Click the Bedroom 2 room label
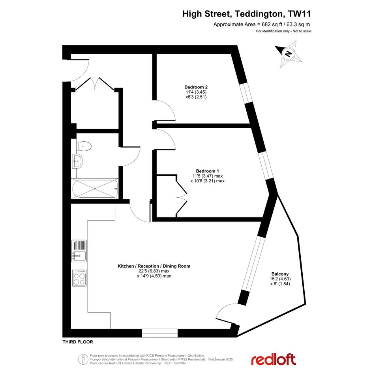[x=196, y=87]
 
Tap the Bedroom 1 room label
[x=208, y=171]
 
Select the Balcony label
[x=280, y=274]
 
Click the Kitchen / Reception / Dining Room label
[x=154, y=266]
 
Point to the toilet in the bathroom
[x=84, y=146]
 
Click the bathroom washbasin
[x=77, y=161]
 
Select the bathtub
[x=95, y=189]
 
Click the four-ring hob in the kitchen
[x=79, y=278]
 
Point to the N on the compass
[x=288, y=54]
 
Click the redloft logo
[x=273, y=360]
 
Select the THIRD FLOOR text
[x=78, y=342]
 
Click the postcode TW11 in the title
[x=299, y=14]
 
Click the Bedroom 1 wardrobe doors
[x=182, y=197]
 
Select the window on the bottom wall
[x=159, y=333]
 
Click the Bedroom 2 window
[x=246, y=93]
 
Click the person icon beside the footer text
[x=83, y=359]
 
